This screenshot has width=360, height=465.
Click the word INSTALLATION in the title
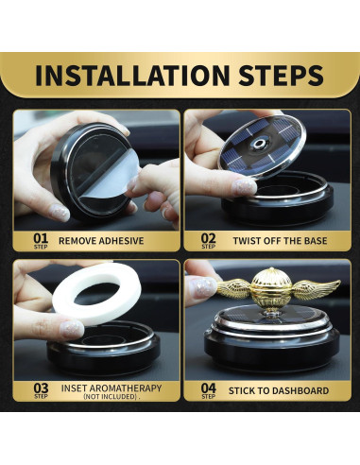pos(132,76)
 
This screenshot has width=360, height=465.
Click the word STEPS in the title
pos(281,76)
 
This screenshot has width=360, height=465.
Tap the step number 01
pos(41,238)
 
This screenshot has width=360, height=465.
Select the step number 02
pos(208,238)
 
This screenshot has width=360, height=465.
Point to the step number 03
pos(41,388)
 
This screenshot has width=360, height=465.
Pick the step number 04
pos(209,388)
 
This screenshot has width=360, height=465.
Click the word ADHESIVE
pos(121,241)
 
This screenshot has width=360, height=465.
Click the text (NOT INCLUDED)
pos(111,397)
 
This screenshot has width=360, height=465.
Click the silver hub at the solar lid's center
pos(259,144)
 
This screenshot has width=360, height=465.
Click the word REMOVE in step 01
pos(77,241)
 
